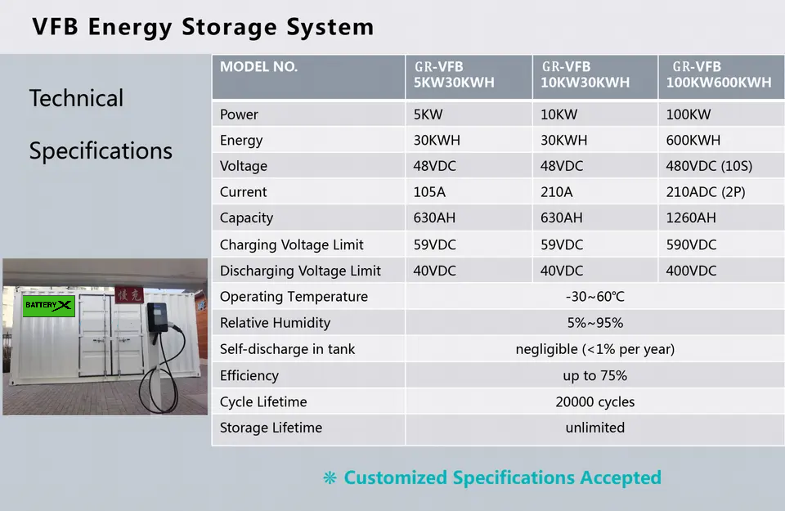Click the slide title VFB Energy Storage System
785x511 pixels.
[203, 26]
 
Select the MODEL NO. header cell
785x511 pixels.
[258, 67]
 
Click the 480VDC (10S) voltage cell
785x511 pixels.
[709, 166]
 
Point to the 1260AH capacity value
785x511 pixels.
[691, 218]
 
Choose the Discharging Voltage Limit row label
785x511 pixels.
[300, 271]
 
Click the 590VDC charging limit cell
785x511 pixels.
[691, 244]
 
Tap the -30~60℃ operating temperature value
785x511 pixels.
[594, 297]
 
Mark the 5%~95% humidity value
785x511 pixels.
[594, 323]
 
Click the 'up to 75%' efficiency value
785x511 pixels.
[594, 375]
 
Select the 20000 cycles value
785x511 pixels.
[594, 401]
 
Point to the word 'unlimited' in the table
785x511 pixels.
[594, 428]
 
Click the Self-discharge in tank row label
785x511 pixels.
[287, 349]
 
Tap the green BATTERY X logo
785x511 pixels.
[49, 306]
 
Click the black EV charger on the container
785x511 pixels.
[156, 317]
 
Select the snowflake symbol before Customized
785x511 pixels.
[330, 478]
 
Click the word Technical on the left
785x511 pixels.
[76, 98]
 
